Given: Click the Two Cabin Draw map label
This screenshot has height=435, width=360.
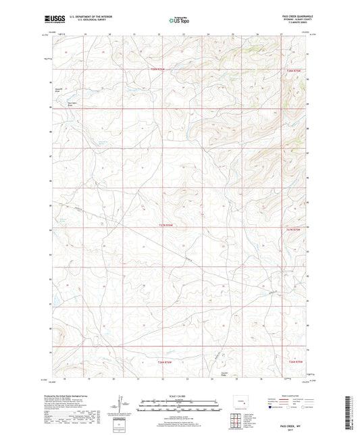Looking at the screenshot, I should [x=71, y=104].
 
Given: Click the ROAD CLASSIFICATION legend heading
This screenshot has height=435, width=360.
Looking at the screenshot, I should [x=292, y=398].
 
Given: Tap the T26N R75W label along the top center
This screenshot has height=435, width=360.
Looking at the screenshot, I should [x=157, y=70].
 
